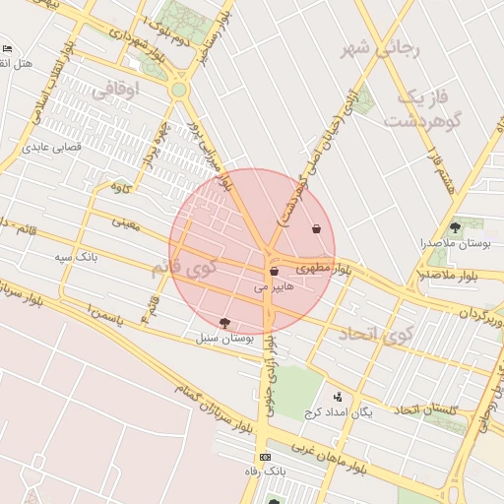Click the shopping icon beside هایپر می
(273, 272)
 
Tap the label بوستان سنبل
(226, 338)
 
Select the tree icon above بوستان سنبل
(225, 323)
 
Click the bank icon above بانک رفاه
(264, 458)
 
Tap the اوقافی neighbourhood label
(115, 90)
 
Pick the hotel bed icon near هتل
(9, 48)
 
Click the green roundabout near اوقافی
(177, 90)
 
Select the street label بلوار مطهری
(322, 268)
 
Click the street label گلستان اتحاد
(431, 409)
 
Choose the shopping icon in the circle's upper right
(316, 229)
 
